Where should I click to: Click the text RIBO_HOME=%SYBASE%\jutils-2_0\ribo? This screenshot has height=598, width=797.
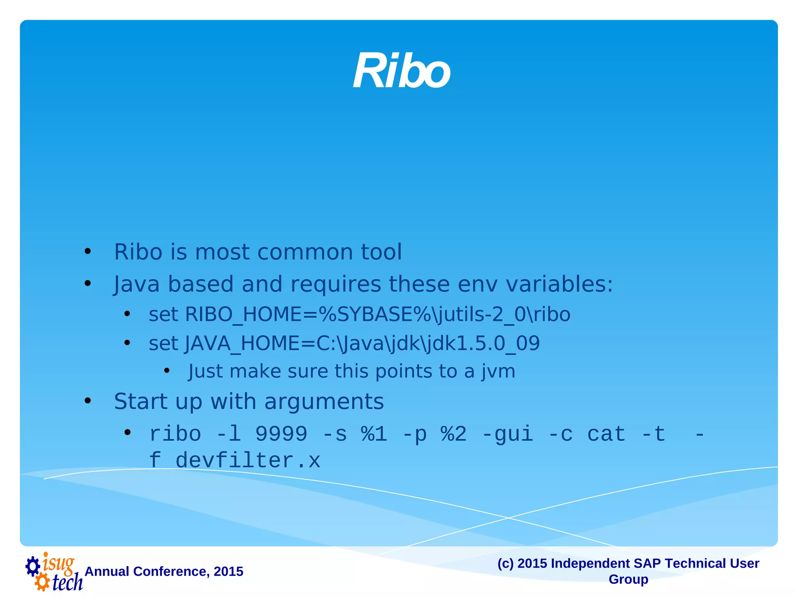point(377,314)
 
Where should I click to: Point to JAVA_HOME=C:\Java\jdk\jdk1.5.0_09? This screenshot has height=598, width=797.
point(362,343)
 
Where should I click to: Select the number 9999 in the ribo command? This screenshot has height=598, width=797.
point(281,434)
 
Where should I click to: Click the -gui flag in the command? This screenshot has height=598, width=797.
point(507,434)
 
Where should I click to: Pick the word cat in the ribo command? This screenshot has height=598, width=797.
point(606,434)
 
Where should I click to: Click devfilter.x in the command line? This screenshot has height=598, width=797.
point(248,461)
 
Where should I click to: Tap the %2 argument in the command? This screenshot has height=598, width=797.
point(453,434)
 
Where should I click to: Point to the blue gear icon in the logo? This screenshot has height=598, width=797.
point(33,566)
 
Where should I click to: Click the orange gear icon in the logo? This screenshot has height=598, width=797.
point(42,582)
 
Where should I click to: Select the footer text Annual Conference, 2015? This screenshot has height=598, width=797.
point(164,572)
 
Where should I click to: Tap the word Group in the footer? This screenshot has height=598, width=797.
point(628,579)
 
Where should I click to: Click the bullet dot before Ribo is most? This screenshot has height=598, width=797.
point(88,252)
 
